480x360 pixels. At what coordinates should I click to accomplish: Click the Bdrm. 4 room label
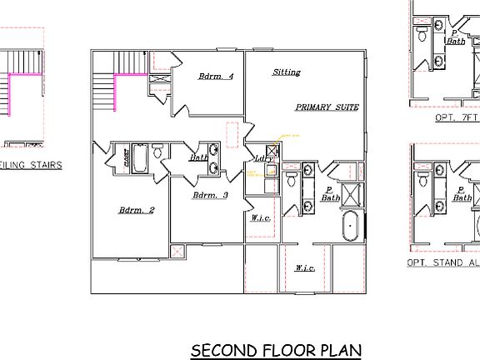pos(216,77)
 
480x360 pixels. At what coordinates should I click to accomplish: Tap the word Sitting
pos(287,72)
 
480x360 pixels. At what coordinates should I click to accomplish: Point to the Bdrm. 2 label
pos(136,210)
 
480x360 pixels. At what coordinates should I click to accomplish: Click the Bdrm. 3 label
pos(210,195)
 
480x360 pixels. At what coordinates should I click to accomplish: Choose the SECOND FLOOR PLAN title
pos(276,349)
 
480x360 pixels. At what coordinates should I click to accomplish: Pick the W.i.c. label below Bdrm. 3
pos(258,218)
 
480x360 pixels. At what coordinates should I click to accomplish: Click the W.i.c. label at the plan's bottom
pos(304,268)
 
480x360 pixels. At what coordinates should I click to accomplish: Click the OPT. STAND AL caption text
pos(442,262)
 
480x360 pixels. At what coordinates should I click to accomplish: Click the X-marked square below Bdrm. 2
pos(176,252)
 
